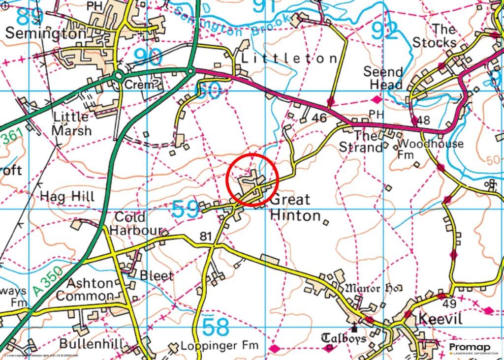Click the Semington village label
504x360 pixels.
click(x=46, y=33)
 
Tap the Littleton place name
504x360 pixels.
click(x=289, y=59)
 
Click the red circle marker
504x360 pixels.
click(x=252, y=180)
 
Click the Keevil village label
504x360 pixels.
click(x=441, y=319)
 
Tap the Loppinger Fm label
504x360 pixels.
click(x=220, y=345)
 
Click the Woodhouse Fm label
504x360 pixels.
click(x=430, y=149)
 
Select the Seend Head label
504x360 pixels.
click(x=383, y=78)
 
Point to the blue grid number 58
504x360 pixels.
click(x=216, y=327)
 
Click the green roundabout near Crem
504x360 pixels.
click(x=118, y=76)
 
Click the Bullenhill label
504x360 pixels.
click(x=91, y=343)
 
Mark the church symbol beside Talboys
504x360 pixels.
click(x=354, y=327)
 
